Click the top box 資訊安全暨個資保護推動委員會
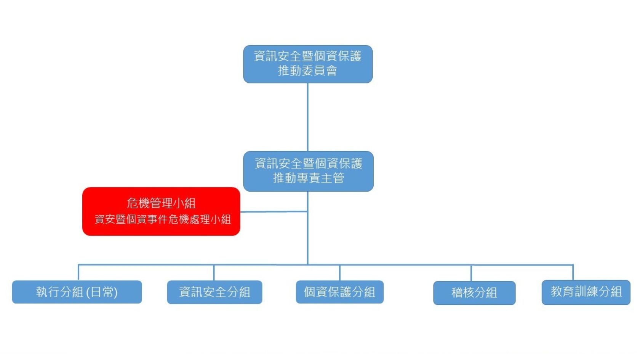coord(308,64)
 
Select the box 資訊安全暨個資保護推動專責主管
coord(308,171)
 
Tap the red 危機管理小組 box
coord(161,211)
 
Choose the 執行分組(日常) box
coord(77,292)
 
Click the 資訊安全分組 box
coord(214,292)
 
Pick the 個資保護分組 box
coord(339,292)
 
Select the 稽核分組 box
coord(474,293)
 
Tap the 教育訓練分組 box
coord(586,292)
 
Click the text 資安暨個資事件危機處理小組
coord(163,219)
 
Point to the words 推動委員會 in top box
coord(307,71)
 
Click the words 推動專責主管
coord(308,178)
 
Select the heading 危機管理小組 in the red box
coord(161,203)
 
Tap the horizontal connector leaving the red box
coord(274,211)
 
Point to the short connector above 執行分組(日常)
coord(78,272)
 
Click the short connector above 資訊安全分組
coord(214,273)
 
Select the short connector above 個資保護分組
coord(339,273)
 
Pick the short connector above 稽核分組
coord(471,273)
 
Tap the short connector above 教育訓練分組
coord(573,273)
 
